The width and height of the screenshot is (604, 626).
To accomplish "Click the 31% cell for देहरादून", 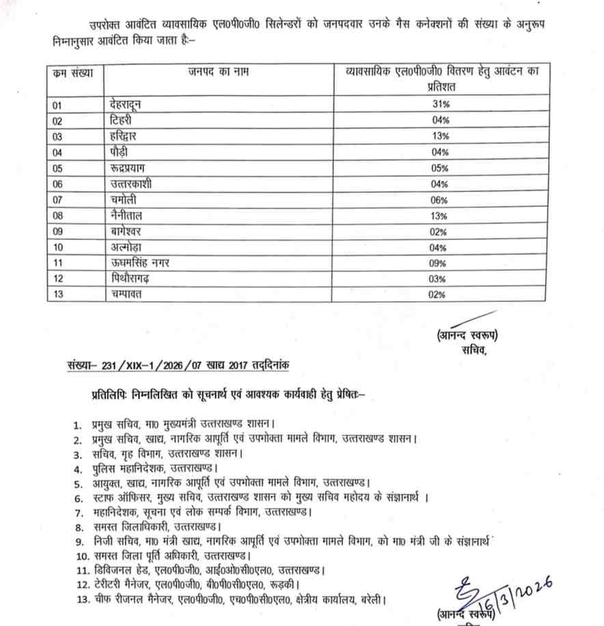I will (439, 104).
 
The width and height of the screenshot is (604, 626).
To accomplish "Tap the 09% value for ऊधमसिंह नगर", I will (439, 263).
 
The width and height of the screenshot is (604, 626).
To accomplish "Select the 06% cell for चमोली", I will (439, 200).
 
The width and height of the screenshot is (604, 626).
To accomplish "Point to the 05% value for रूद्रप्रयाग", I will (439, 168).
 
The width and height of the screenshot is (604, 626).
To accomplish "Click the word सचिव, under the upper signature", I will (473, 351).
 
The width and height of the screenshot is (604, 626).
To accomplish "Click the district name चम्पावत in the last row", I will (126, 295).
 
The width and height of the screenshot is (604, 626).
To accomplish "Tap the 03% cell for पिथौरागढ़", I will (439, 280).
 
